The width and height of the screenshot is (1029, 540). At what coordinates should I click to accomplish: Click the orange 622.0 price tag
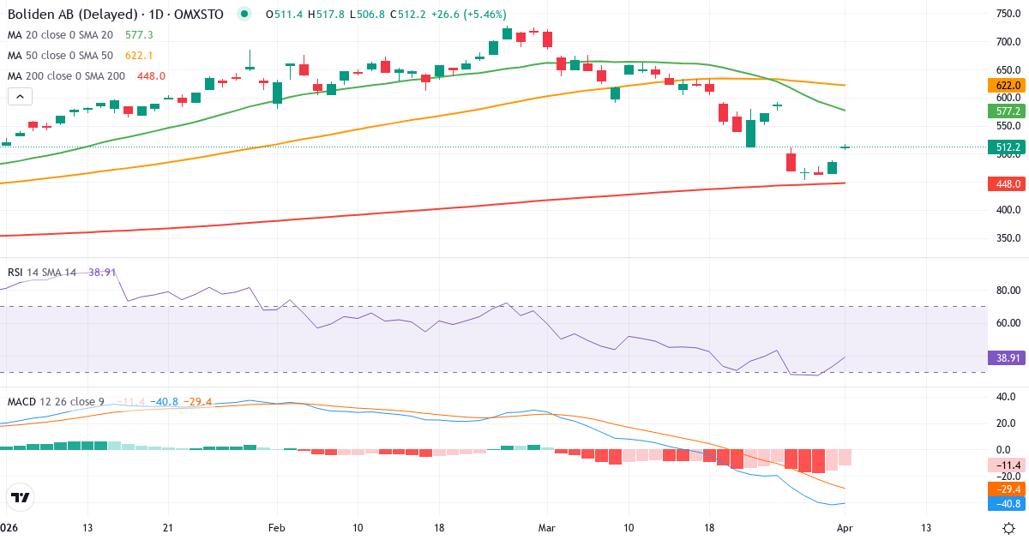(x=1008, y=86)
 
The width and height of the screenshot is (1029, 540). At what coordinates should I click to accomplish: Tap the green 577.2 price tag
(x=1008, y=111)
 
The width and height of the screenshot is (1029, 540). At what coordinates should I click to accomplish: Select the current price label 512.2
(x=1008, y=147)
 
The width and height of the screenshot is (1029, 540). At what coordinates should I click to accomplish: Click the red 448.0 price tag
(x=1008, y=183)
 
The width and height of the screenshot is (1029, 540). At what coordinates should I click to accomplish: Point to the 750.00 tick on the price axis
(x=1007, y=14)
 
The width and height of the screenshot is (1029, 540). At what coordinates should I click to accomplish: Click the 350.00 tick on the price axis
(x=1007, y=238)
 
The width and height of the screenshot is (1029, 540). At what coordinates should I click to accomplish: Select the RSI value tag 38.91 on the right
(x=1008, y=357)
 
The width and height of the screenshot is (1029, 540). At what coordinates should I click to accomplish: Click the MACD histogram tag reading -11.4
(x=1008, y=465)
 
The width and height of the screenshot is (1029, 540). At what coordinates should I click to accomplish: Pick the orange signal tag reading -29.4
(x=1008, y=489)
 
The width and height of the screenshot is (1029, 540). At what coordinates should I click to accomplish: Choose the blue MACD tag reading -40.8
(x=1008, y=504)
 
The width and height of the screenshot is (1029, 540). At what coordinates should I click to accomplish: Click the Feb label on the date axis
(x=276, y=527)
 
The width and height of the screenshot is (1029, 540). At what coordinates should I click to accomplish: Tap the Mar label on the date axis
(x=547, y=527)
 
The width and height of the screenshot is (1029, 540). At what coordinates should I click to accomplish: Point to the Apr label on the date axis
(x=845, y=527)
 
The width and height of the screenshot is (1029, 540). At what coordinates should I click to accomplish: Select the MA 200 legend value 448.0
(x=150, y=76)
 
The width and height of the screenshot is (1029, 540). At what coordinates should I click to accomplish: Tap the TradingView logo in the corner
(x=21, y=498)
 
